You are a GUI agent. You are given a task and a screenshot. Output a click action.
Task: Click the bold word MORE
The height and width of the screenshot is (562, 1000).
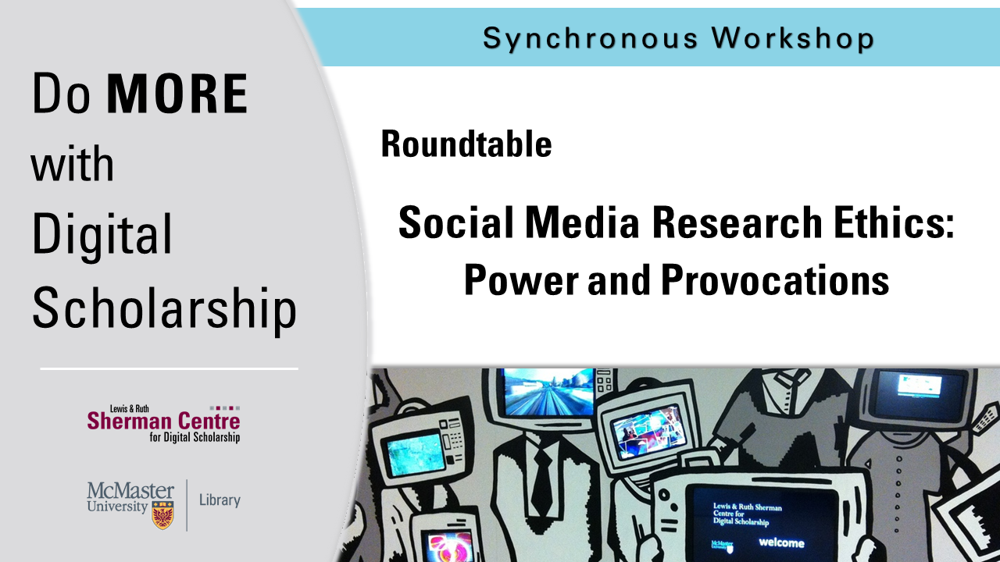pos(177,93)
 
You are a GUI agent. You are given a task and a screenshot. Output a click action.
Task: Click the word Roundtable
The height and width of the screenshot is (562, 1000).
pos(466,144)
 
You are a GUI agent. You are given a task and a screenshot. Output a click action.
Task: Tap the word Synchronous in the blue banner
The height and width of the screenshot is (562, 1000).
pos(591,38)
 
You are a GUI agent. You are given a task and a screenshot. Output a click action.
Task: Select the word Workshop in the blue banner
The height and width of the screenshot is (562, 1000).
pos(793,37)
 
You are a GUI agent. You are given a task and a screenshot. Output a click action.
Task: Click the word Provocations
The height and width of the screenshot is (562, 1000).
pos(775,279)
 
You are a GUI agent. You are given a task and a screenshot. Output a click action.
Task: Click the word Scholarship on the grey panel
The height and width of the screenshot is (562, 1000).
pos(165,308)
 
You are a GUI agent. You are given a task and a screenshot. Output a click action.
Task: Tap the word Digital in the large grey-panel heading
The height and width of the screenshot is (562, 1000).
pos(102,237)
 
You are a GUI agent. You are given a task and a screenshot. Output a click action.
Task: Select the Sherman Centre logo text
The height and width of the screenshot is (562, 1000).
pos(163,424)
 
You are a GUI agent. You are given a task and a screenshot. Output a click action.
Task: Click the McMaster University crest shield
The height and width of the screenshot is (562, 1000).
pos(163,514)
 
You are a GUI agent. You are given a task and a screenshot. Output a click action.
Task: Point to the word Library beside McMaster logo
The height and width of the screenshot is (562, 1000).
pos(220,500)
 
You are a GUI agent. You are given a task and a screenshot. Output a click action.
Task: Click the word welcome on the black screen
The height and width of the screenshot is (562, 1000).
pos(781,542)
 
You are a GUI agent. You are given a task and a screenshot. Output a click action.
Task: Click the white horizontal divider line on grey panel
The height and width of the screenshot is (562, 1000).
pos(170,369)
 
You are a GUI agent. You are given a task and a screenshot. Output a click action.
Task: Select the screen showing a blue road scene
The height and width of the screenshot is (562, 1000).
pos(548,392)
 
